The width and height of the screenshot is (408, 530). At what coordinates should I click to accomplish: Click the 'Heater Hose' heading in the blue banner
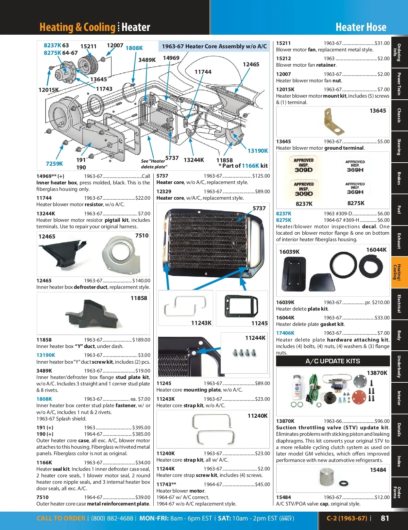click(x=361, y=27)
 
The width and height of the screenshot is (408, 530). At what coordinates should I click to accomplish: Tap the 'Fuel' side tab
click(x=399, y=210)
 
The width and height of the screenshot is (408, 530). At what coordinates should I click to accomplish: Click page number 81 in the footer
click(x=385, y=518)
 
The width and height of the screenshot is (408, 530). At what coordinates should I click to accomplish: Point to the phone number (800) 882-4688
click(x=112, y=518)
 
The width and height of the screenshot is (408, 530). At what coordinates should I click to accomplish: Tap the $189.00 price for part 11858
click(x=141, y=340)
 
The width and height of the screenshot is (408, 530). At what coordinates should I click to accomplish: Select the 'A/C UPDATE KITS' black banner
click(x=333, y=361)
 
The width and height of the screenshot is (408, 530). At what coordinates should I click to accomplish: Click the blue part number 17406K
click(x=285, y=333)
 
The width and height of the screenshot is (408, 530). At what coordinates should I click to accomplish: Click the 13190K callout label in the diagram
click(x=257, y=151)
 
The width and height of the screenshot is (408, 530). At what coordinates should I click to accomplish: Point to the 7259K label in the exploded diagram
click(x=54, y=164)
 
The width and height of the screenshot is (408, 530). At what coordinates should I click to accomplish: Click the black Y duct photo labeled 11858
click(x=89, y=314)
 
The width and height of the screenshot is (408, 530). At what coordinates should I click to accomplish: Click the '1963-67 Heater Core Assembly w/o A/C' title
click(x=214, y=46)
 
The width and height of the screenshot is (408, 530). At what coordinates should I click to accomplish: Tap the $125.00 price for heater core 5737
click(x=261, y=176)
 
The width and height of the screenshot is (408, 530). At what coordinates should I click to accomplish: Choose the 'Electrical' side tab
click(x=399, y=303)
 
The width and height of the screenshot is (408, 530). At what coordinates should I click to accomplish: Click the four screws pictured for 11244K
click(x=244, y=353)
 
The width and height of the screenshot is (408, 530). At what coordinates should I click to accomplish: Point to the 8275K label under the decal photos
click(x=356, y=203)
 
